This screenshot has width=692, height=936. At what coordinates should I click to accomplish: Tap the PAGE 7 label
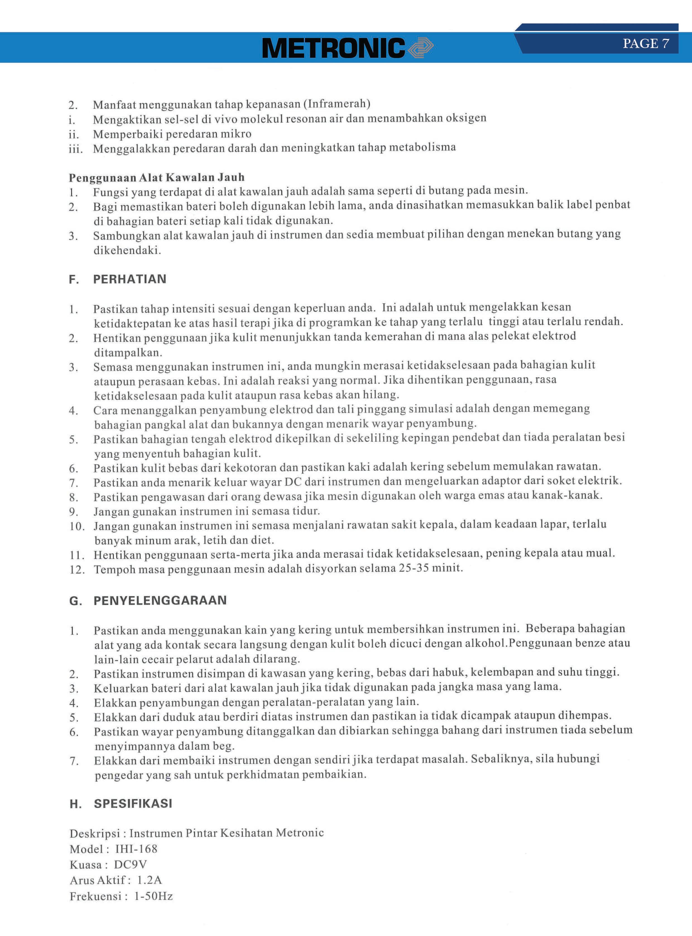pos(645,44)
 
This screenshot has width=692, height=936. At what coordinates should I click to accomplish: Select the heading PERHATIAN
pos(129,279)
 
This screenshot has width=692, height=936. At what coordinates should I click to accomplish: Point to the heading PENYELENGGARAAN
pos(160,600)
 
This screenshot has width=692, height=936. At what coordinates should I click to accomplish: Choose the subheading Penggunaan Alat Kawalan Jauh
pos(157,178)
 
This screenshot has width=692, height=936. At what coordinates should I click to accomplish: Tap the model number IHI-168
pos(136,849)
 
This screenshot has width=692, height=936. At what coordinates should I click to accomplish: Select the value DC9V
pos(130,864)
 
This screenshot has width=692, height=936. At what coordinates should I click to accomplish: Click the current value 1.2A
pos(149,880)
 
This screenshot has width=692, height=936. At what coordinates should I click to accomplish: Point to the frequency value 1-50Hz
pos(153,896)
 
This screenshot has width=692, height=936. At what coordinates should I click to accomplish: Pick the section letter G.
pos(75,601)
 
